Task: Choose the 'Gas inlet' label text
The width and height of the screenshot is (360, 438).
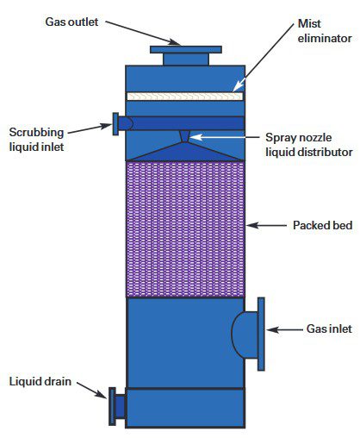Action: pyautogui.click(x=327, y=329)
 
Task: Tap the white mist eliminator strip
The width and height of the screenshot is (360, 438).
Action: pyautogui.click(x=182, y=97)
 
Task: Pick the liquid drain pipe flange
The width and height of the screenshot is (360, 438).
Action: pyautogui.click(x=112, y=405)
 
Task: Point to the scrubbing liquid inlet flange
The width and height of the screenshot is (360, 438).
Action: pyautogui.click(x=115, y=123)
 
